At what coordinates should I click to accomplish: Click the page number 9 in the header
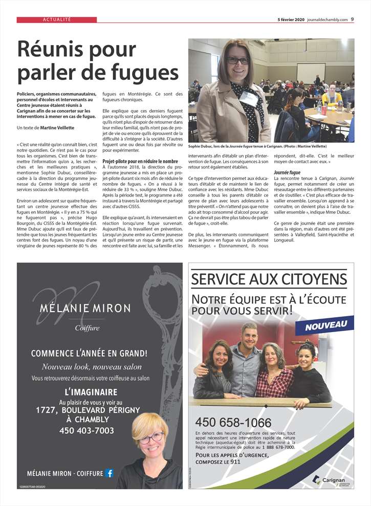[x=353, y=19]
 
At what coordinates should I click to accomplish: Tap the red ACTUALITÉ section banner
[x=57, y=19]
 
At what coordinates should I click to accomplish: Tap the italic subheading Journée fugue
[x=287, y=172]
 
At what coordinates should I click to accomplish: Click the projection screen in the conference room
[x=311, y=72]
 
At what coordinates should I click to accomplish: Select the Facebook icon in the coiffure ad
[x=109, y=473]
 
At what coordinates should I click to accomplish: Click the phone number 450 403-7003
[x=86, y=430]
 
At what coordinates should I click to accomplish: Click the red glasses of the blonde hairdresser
[x=151, y=438]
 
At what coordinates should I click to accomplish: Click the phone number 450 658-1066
[x=233, y=422]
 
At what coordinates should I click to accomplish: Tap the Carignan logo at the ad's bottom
[x=329, y=479]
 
